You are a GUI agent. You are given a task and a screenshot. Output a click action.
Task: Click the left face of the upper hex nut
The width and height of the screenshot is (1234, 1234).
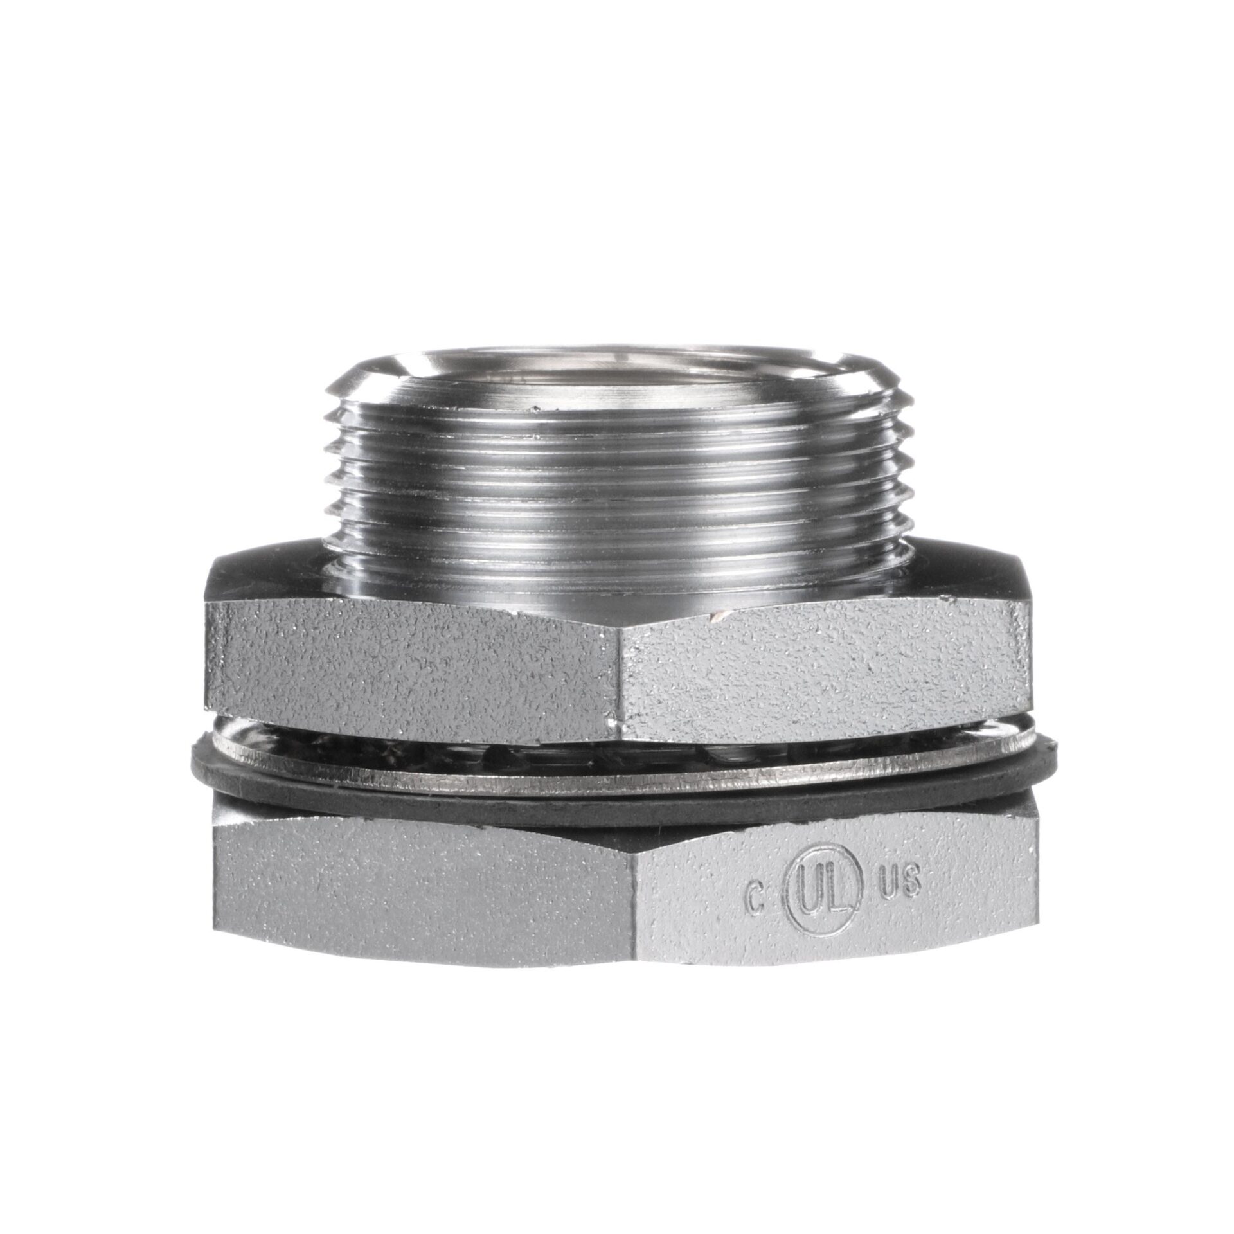click(411, 668)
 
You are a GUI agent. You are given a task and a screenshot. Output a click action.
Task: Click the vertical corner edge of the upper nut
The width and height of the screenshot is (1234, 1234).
click(617, 675)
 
